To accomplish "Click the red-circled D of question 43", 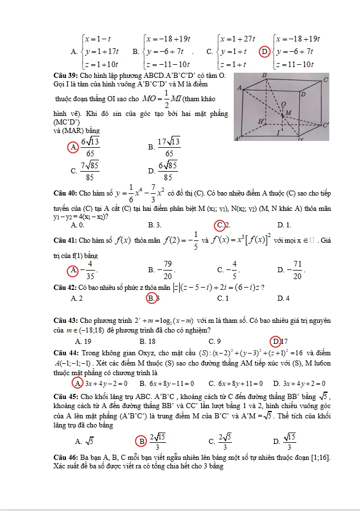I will click(x=275, y=342).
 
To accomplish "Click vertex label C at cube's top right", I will click(x=326, y=80).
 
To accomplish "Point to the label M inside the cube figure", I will click(x=288, y=113).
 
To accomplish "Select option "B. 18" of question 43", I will click(x=148, y=342).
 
